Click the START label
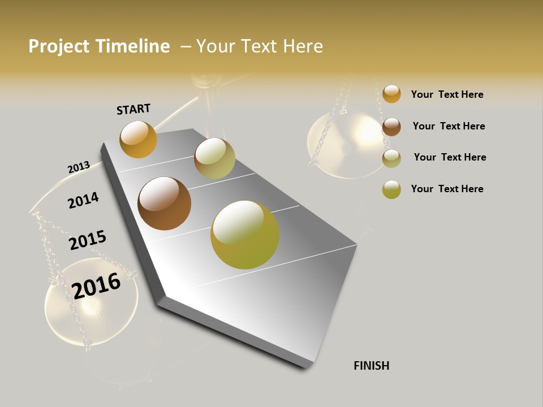tap(133, 109)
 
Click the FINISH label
tap(372, 366)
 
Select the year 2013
tap(79, 167)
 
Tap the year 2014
tap(83, 200)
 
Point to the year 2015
tap(88, 240)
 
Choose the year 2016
tap(97, 285)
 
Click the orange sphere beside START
tap(138, 140)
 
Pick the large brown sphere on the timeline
tap(164, 203)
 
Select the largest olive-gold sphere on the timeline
tap(245, 235)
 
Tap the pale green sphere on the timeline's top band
tap(214, 158)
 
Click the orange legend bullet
tap(391, 94)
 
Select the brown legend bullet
tap(391, 127)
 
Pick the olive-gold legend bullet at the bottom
tap(391, 189)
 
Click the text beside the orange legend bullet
tap(447, 94)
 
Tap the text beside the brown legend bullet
tap(449, 126)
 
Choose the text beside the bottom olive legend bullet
tap(447, 189)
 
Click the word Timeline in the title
tap(132, 46)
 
